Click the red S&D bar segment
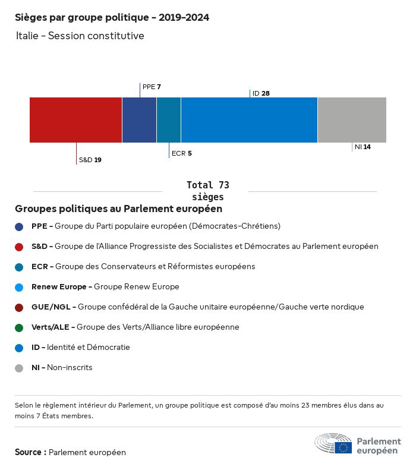(x=75, y=120)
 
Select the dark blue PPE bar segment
(x=139, y=120)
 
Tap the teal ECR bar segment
(x=169, y=120)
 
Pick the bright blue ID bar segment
(x=249, y=120)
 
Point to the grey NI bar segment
(x=352, y=120)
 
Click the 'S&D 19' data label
(x=90, y=160)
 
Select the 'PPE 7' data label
(x=152, y=87)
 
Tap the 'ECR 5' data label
(x=181, y=153)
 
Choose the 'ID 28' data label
(x=261, y=93)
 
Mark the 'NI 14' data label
(x=363, y=147)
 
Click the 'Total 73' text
(x=207, y=185)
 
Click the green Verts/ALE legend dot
(x=19, y=328)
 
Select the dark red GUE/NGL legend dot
(x=19, y=308)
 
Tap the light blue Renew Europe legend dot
(x=19, y=288)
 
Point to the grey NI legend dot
(x=19, y=368)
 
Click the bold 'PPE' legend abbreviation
(x=39, y=226)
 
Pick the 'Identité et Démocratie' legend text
(x=88, y=347)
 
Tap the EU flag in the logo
(x=343, y=447)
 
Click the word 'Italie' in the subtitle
(x=27, y=36)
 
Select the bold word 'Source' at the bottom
(x=28, y=452)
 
